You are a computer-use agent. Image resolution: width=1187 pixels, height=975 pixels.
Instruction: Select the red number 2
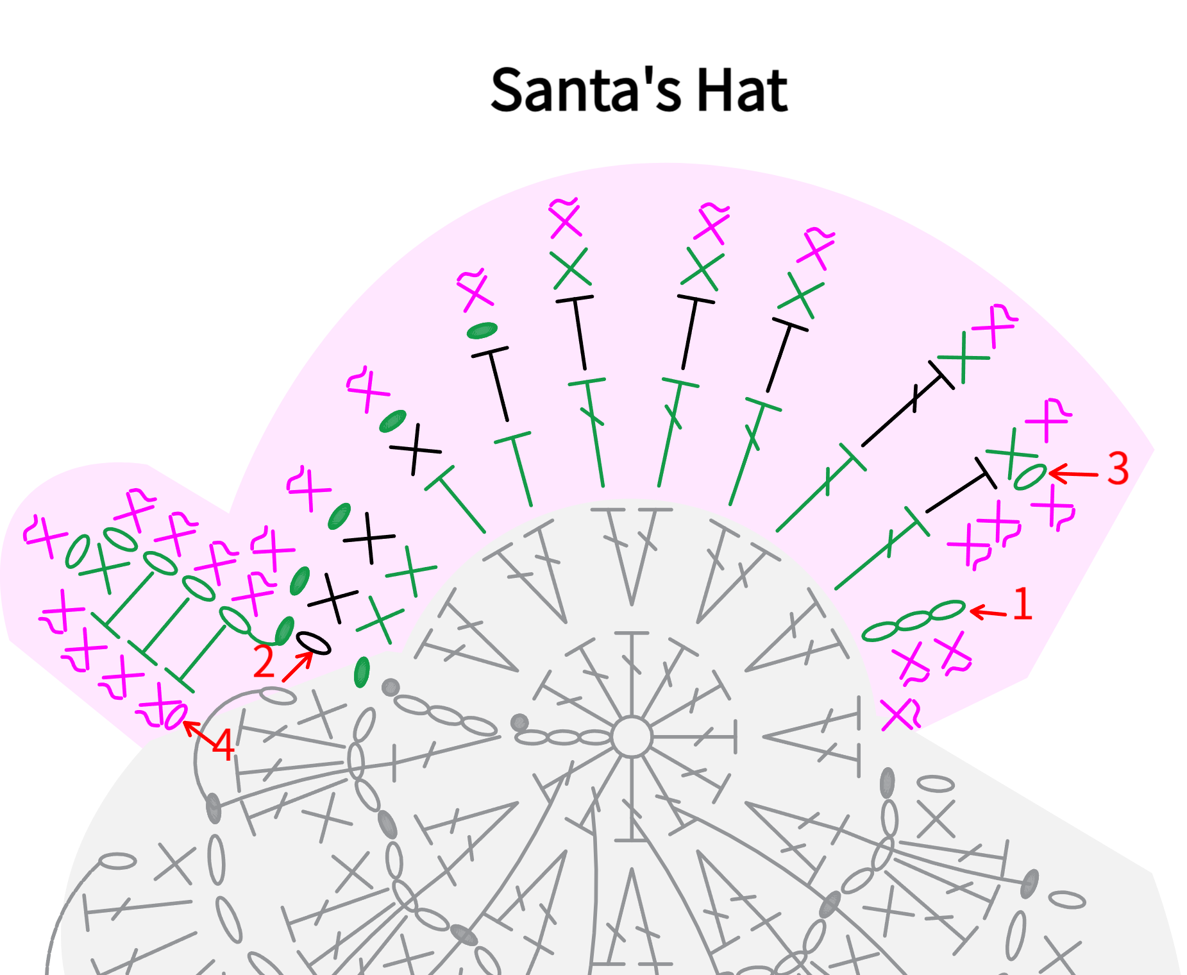264,661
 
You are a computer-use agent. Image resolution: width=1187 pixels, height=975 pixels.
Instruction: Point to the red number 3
1118,469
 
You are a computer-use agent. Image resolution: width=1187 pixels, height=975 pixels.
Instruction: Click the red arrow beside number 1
988,613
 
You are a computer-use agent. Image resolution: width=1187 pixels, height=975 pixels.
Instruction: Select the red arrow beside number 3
1073,474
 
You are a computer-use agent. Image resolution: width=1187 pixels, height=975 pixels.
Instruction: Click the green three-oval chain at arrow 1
913,620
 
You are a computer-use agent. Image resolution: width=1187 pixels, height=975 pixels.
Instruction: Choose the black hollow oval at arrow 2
314,643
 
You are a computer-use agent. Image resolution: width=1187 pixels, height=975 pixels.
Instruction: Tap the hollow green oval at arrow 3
1030,477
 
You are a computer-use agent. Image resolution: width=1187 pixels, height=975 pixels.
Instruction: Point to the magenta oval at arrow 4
175,716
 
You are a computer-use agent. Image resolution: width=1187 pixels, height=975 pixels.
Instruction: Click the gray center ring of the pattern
632,736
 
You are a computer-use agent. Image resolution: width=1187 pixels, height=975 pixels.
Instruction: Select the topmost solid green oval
482,330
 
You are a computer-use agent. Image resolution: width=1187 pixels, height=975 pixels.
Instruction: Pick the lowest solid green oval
362,672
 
